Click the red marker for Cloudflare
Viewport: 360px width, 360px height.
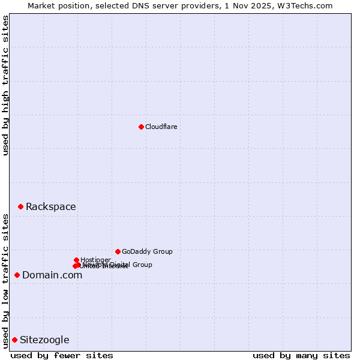[141, 127]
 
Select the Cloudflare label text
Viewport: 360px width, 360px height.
[161, 127]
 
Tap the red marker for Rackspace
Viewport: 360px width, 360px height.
[20, 206]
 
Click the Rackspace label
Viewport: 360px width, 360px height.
[51, 207]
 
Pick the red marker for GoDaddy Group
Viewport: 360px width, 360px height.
[118, 251]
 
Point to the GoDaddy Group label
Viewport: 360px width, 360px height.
[147, 251]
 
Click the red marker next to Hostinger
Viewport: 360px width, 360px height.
[76, 260]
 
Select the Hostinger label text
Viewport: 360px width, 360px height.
[95, 260]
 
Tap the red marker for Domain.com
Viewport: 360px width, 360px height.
[17, 275]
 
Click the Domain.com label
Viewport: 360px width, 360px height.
[52, 275]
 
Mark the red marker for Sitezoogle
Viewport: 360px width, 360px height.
[14, 340]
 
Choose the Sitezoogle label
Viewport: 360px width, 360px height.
[44, 340]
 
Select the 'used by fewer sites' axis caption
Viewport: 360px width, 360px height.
[62, 355]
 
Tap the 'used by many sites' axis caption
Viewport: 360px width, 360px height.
[301, 355]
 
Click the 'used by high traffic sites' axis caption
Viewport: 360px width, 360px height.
[5, 85]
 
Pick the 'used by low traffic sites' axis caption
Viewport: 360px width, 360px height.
[5, 281]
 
